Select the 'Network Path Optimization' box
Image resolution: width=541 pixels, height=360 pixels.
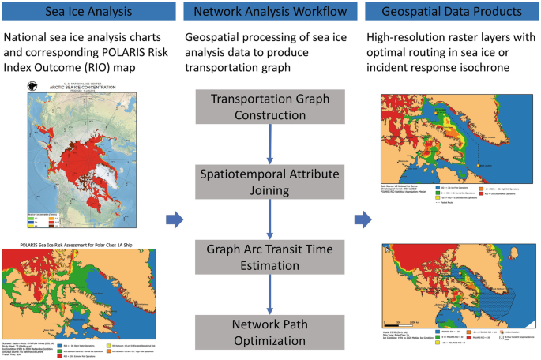pos(270,332)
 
